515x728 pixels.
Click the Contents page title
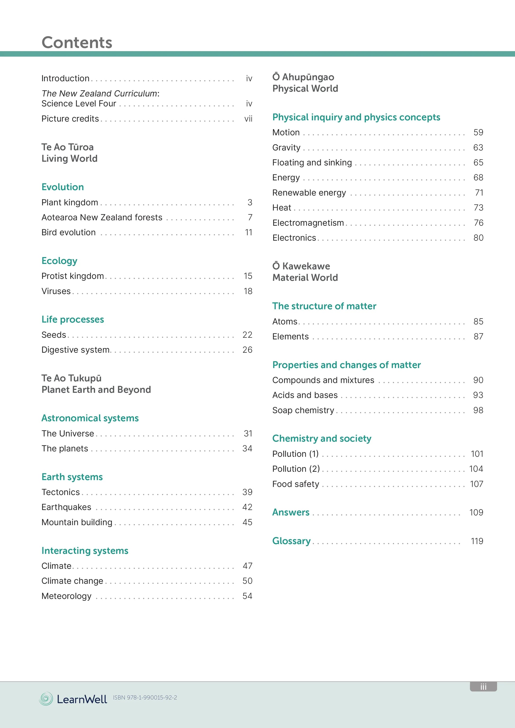(x=77, y=43)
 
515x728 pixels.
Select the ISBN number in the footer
(x=145, y=698)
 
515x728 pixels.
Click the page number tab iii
(x=483, y=687)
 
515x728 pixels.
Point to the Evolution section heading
(x=63, y=187)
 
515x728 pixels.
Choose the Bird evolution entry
(x=69, y=232)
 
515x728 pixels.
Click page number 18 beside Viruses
(x=248, y=291)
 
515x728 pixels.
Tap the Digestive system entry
(x=75, y=350)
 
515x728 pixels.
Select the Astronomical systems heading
(x=90, y=418)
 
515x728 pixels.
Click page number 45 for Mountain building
(x=247, y=522)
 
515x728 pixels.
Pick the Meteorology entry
(x=66, y=596)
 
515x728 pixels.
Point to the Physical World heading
(x=305, y=89)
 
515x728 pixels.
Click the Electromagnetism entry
(x=308, y=223)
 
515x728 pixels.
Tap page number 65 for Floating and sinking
(x=478, y=163)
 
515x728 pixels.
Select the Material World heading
(x=305, y=277)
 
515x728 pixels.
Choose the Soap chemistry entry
(x=303, y=410)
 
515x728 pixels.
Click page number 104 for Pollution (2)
(x=476, y=469)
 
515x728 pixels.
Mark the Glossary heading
(x=291, y=541)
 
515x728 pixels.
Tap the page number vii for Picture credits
(x=248, y=119)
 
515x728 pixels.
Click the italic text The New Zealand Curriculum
(x=100, y=94)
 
